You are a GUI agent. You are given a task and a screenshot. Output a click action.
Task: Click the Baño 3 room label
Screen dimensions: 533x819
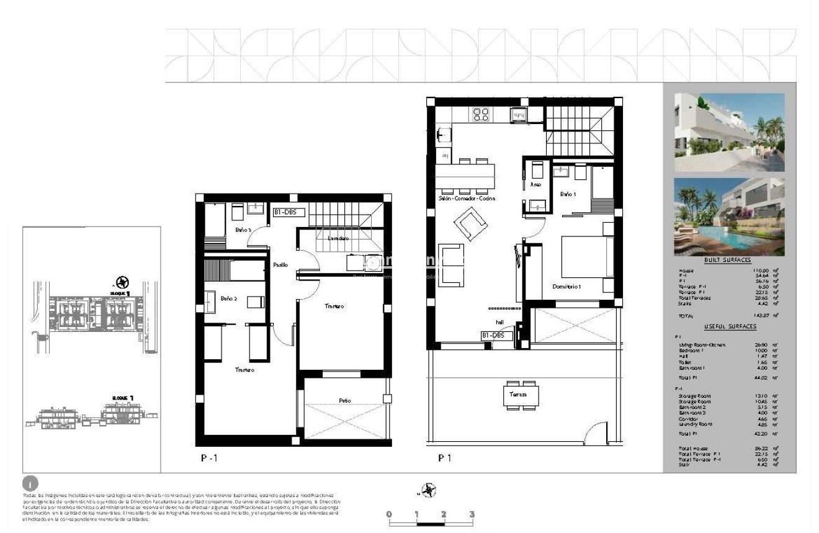pyautogui.click(x=243, y=230)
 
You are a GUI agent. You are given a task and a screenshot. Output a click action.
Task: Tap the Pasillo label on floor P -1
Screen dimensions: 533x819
pyautogui.click(x=280, y=265)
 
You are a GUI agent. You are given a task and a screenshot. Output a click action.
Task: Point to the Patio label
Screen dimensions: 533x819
pyautogui.click(x=344, y=400)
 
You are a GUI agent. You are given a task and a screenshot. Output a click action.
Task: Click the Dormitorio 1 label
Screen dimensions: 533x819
pyautogui.click(x=566, y=286)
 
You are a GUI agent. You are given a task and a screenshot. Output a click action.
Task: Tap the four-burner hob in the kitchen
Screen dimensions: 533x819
pyautogui.click(x=481, y=114)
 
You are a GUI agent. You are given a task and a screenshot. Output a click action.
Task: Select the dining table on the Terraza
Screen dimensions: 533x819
pyautogui.click(x=521, y=395)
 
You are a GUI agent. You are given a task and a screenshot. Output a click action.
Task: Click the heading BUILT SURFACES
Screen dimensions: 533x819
pyautogui.click(x=728, y=261)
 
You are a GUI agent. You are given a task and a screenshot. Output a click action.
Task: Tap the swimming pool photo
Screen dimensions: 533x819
pyautogui.click(x=729, y=217)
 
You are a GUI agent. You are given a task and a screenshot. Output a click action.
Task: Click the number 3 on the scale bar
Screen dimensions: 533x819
pyautogui.click(x=472, y=514)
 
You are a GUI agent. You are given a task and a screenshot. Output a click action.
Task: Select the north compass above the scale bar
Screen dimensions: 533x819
pyautogui.click(x=426, y=491)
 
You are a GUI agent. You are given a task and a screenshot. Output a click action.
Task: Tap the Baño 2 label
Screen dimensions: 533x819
pyautogui.click(x=229, y=298)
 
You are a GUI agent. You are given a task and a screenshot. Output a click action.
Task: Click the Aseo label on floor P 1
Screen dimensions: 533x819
pyautogui.click(x=536, y=184)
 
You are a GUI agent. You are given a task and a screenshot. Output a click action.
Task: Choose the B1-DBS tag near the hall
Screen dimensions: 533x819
pyautogui.click(x=496, y=336)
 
